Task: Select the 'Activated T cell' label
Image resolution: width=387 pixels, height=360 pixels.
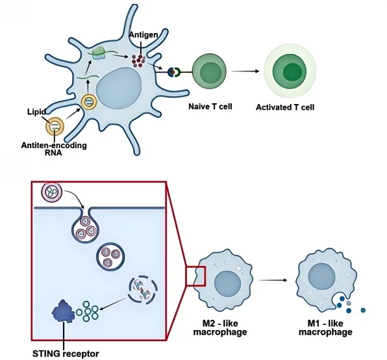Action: tap(285, 107)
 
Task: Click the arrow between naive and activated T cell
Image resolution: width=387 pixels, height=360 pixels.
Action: tap(244, 70)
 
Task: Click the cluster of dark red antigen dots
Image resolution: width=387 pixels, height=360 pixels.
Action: tap(138, 60)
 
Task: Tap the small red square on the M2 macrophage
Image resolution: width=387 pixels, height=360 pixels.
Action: tap(196, 276)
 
